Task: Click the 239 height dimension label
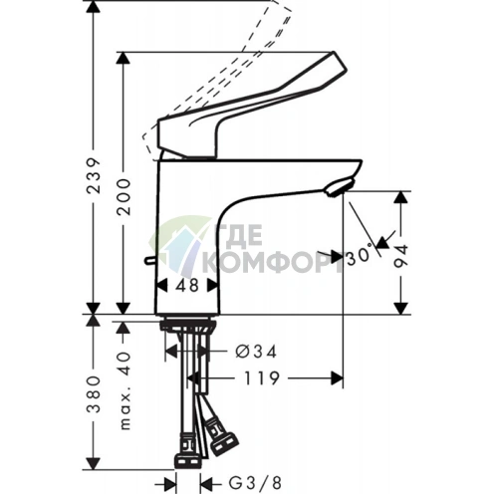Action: [94, 176]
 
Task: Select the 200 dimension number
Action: [123, 197]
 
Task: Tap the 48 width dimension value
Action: [187, 285]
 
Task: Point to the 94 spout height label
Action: [400, 256]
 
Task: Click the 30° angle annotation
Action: [360, 256]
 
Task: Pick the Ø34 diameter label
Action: [256, 352]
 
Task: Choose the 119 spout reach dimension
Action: [262, 378]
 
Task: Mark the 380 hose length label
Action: [94, 394]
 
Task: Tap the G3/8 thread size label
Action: [255, 483]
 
